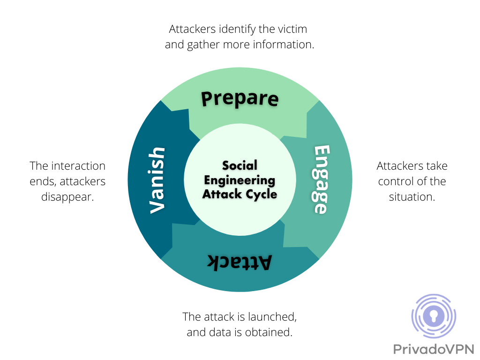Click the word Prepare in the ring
point(240,99)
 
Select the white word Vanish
point(157,180)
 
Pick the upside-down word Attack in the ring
point(240,262)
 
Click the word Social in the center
point(240,165)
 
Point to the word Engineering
point(240,180)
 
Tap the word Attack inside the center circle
point(219,194)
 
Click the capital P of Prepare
point(207,98)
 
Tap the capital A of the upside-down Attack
point(265,262)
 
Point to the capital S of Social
point(226,165)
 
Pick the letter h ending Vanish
point(157,154)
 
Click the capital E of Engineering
point(209,180)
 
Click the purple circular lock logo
point(434,316)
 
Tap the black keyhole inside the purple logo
point(434,316)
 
